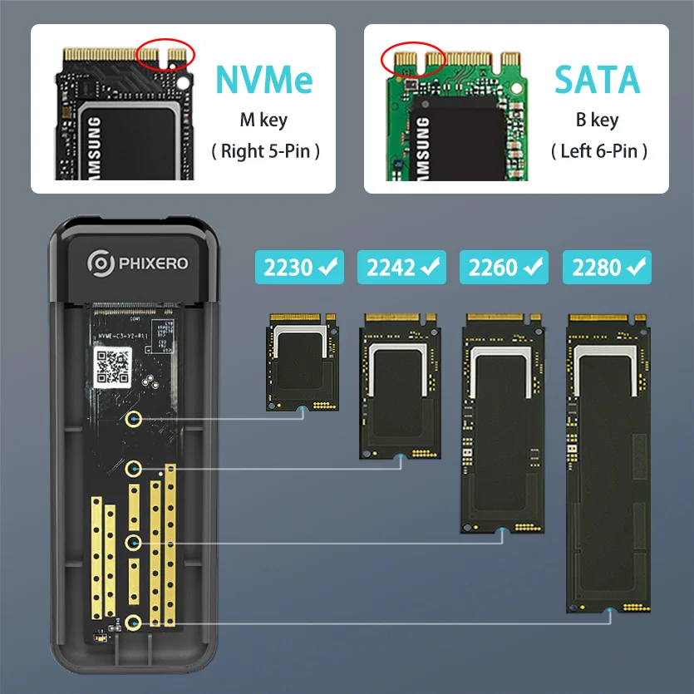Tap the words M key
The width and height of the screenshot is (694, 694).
tap(263, 120)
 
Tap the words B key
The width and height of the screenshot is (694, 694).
tap(597, 120)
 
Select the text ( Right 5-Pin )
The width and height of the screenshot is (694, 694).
tap(265, 151)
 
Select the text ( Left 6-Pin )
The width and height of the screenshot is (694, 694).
tap(598, 151)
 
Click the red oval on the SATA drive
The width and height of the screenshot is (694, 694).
tap(413, 59)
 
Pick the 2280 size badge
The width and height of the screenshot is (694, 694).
tap(607, 268)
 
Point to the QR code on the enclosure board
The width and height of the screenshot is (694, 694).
tap(112, 365)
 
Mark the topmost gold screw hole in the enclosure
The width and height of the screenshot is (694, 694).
tap(132, 420)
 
